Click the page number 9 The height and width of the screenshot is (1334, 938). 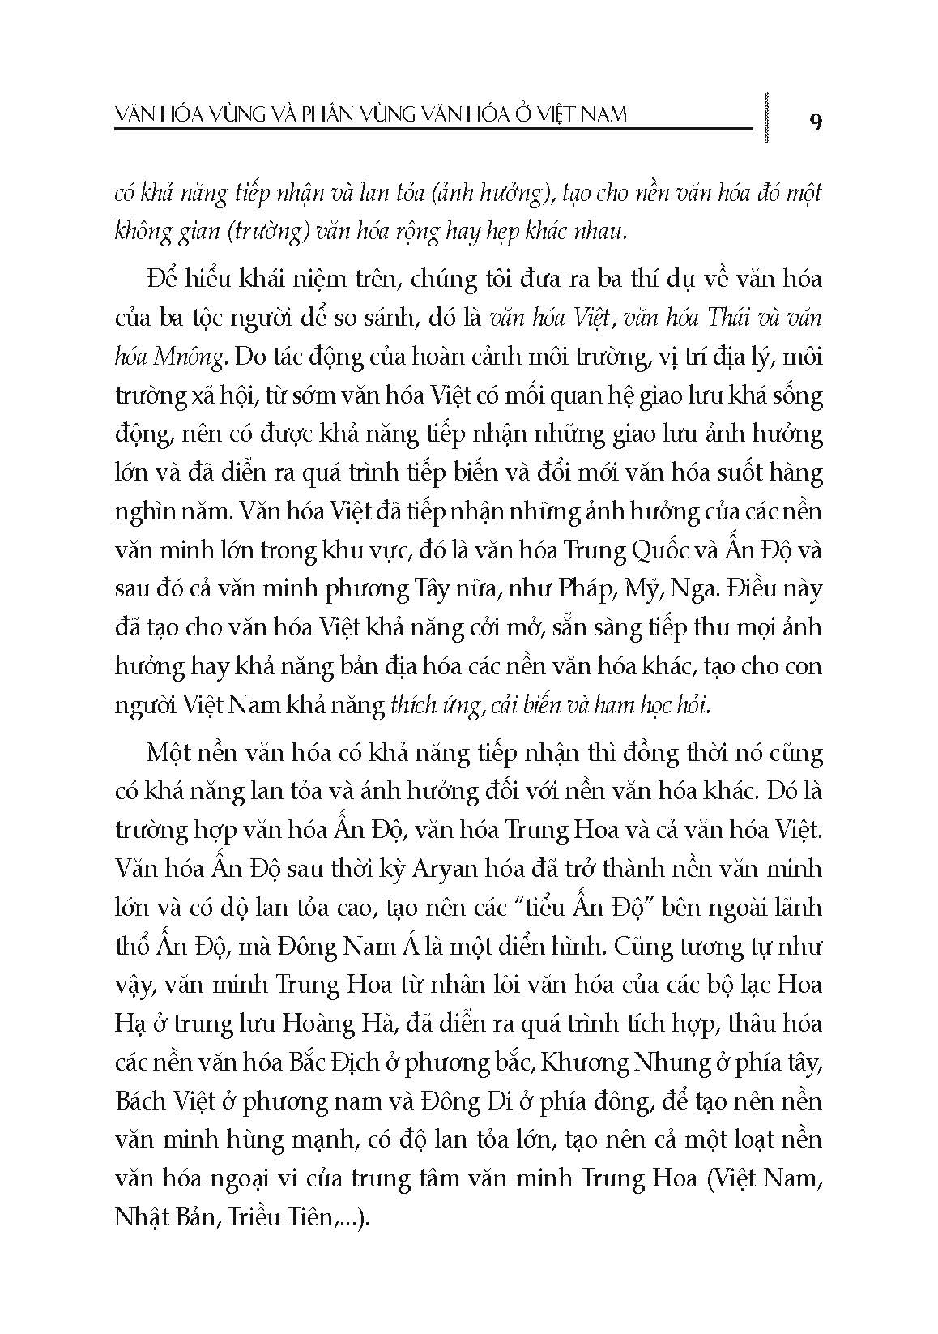pyautogui.click(x=816, y=122)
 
